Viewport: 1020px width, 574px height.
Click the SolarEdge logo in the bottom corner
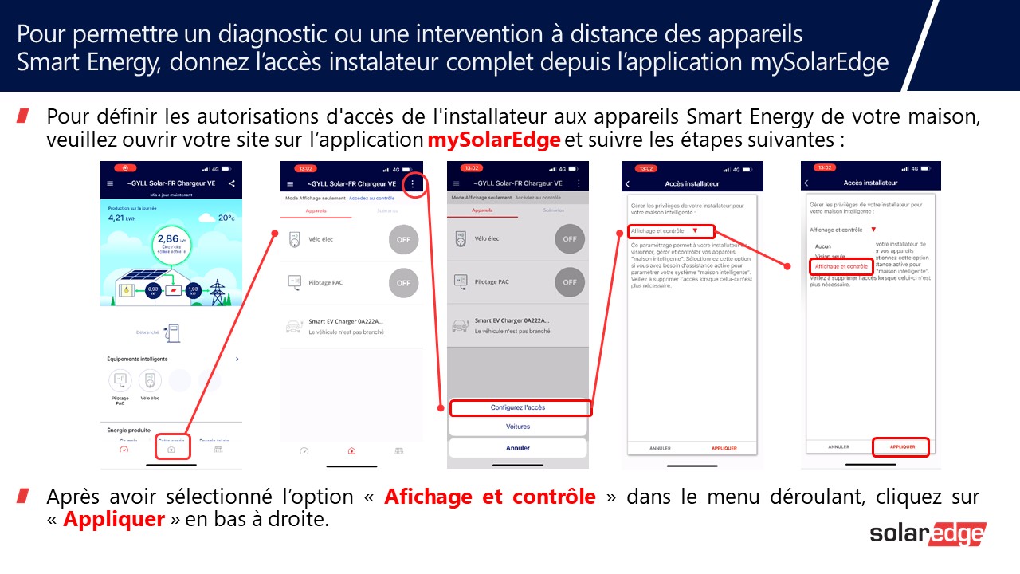point(928,534)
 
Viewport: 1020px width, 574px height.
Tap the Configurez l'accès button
point(518,407)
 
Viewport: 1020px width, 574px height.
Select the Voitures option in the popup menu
point(518,427)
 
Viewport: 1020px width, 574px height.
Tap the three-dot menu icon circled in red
point(412,183)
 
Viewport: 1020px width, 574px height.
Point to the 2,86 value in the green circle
point(168,238)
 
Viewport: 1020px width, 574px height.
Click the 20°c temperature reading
point(226,218)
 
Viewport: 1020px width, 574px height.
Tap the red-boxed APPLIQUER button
point(902,447)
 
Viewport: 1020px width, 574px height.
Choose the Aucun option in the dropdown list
point(823,246)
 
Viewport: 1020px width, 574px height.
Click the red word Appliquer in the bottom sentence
point(114,520)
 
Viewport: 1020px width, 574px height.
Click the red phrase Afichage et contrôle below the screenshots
point(489,497)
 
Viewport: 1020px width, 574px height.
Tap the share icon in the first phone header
point(232,183)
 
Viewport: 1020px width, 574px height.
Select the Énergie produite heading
point(128,430)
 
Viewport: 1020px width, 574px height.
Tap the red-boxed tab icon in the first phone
point(171,449)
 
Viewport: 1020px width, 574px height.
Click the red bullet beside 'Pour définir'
point(23,116)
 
